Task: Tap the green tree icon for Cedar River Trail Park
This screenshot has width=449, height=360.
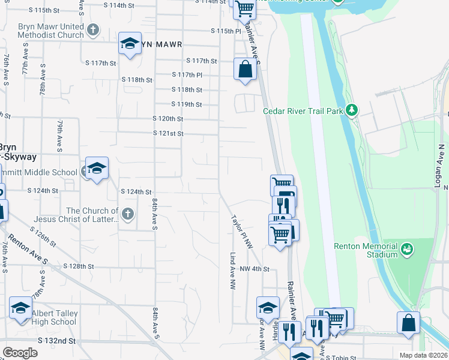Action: [352, 110]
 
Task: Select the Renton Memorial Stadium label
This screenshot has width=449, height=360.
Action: [366, 251]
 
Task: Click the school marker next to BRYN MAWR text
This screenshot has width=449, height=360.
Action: [129, 43]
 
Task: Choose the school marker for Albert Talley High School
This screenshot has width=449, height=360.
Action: [21, 309]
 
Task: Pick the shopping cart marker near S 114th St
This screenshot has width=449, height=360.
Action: [244, 9]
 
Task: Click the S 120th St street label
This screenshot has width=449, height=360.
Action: [167, 119]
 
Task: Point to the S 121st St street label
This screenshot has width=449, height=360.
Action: [168, 133]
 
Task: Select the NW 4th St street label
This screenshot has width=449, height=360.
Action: [254, 270]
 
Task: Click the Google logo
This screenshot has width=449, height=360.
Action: [20, 352]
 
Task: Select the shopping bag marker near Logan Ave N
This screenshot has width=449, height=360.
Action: [408, 322]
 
